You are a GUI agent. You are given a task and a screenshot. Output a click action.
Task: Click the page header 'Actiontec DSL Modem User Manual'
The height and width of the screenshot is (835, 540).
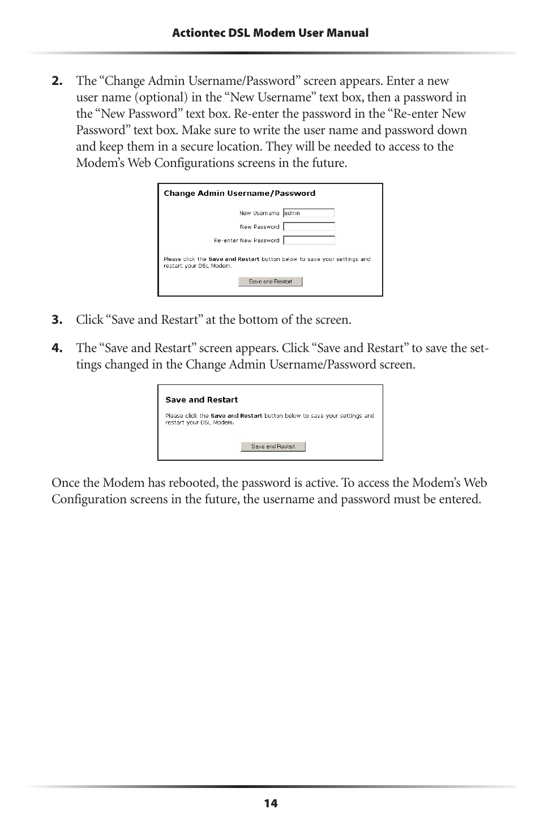tap(270, 33)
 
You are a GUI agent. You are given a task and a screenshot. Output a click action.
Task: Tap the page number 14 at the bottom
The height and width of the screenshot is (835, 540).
tap(271, 803)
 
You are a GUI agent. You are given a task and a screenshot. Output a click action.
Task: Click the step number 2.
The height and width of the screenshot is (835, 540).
tap(57, 81)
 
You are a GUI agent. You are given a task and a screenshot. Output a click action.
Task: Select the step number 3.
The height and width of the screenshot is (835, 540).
tap(57, 320)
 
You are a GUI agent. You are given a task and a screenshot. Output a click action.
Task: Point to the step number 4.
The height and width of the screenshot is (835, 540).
tap(57, 348)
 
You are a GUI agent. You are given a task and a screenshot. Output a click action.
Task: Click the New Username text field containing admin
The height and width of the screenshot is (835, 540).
tap(308, 213)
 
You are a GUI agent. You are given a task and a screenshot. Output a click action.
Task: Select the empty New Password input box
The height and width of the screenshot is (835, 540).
tap(308, 226)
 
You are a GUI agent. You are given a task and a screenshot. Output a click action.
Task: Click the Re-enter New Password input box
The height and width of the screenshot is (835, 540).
tap(308, 240)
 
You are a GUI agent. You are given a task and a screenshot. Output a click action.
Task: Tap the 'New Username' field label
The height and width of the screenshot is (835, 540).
tap(259, 213)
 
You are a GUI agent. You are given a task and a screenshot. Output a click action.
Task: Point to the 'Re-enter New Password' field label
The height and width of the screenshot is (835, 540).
tap(247, 241)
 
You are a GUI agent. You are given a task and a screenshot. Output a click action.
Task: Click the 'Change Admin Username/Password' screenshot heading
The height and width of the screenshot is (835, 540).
tap(239, 194)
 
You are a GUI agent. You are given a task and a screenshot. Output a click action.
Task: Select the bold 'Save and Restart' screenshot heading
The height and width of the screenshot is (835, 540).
tap(202, 400)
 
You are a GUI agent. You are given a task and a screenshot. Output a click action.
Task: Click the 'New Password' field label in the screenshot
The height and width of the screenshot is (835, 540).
tap(259, 227)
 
